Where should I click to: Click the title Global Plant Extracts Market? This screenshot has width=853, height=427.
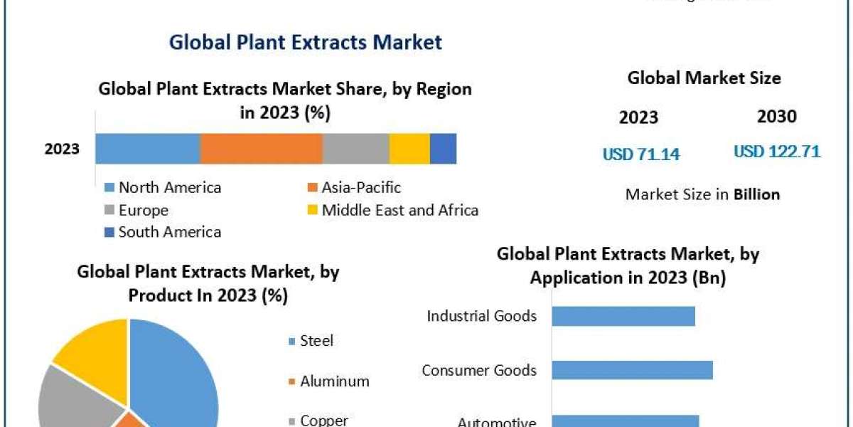305,42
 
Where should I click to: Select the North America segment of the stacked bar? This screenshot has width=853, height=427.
148,149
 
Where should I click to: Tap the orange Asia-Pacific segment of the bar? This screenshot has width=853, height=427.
261,149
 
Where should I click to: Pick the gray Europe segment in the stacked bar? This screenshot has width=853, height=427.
355,149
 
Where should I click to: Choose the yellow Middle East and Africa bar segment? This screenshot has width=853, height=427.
409,149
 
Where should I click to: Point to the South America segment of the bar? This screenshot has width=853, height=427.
443,149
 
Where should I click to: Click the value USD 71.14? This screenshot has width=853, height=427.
641,154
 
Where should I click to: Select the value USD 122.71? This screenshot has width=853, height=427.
777,152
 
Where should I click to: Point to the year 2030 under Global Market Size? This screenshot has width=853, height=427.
777,117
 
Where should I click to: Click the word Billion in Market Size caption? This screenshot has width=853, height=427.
756,194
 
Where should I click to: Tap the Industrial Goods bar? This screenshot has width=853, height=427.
623,316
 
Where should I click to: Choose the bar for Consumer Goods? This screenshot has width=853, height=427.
632,370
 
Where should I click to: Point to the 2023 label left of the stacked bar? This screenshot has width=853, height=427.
62,149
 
